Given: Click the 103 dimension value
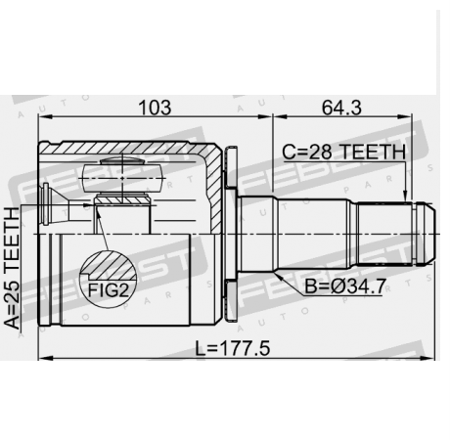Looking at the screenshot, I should coord(150,106).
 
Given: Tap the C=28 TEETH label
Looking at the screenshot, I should coord(343,153).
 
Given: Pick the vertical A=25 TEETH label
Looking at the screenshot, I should coord(13,270).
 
